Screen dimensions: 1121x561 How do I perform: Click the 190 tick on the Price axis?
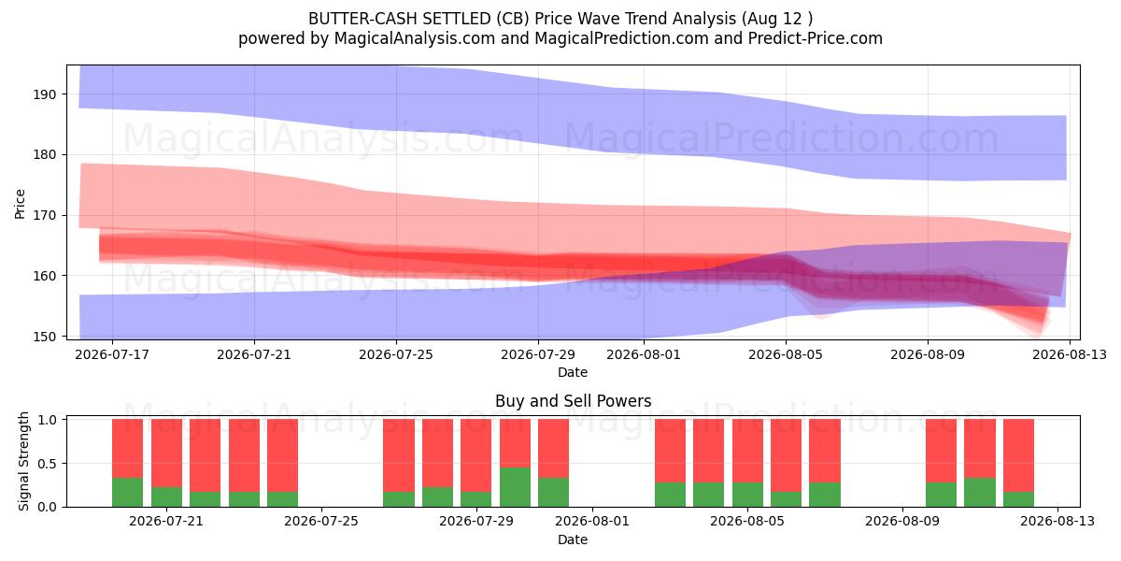point(45,94)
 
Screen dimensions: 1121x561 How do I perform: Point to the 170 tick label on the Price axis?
point(45,216)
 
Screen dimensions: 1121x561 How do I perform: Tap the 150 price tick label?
point(45,338)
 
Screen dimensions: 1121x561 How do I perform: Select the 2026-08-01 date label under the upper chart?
point(644,354)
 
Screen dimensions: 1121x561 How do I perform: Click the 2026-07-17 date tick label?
point(112,354)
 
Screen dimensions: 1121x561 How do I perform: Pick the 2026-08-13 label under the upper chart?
point(1070,354)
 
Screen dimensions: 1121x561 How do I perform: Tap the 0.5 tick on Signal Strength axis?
point(47,464)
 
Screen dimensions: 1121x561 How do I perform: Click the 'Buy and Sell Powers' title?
point(573,401)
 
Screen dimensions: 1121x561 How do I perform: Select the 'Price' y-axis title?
point(20,204)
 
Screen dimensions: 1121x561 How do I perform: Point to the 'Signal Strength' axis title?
point(23,461)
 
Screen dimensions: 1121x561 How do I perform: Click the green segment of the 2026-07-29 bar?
point(515,487)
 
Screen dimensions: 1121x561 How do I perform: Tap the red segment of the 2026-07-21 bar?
point(166,453)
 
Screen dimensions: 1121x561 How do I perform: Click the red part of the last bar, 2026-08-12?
point(1018,456)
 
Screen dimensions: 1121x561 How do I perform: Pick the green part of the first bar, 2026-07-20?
point(128,493)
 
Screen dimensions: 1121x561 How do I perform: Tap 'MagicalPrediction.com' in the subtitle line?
point(621,38)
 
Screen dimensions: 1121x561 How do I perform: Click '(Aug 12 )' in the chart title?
point(777,19)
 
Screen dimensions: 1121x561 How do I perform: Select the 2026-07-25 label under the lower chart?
point(321,522)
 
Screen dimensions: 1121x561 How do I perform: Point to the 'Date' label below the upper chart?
point(573,373)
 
